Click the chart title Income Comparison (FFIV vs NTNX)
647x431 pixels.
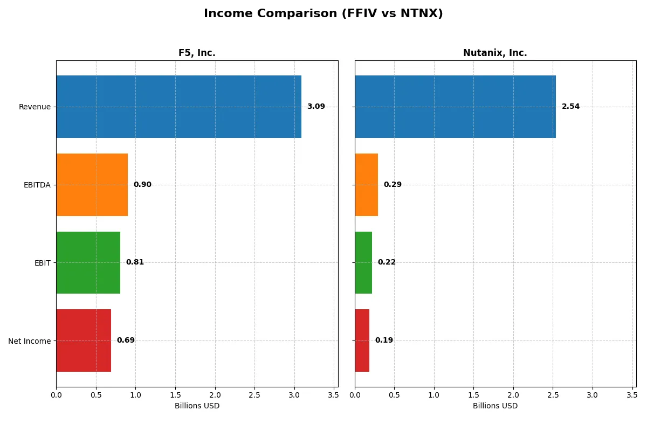coord(323,14)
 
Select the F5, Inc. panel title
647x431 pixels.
coord(197,53)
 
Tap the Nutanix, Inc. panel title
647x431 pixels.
coord(495,53)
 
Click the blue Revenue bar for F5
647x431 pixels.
coord(178,107)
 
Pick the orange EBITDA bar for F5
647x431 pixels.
coord(92,185)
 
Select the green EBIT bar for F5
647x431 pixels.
coord(88,262)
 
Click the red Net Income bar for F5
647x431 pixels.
coord(84,340)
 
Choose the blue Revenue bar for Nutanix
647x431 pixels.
coord(455,107)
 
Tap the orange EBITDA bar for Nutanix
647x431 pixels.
coord(366,185)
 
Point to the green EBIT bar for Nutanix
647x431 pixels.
coord(363,262)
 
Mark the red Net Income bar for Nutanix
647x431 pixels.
coord(362,340)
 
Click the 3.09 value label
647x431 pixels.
coord(316,107)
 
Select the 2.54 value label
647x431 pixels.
coord(570,107)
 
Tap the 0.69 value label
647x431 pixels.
coord(126,340)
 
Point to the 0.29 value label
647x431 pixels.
coord(393,185)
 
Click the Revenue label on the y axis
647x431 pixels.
coord(35,107)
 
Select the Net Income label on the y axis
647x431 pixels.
coord(30,341)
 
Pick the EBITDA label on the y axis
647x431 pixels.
coord(37,185)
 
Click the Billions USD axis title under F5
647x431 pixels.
coord(197,406)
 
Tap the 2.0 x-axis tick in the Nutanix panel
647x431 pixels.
coord(513,395)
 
